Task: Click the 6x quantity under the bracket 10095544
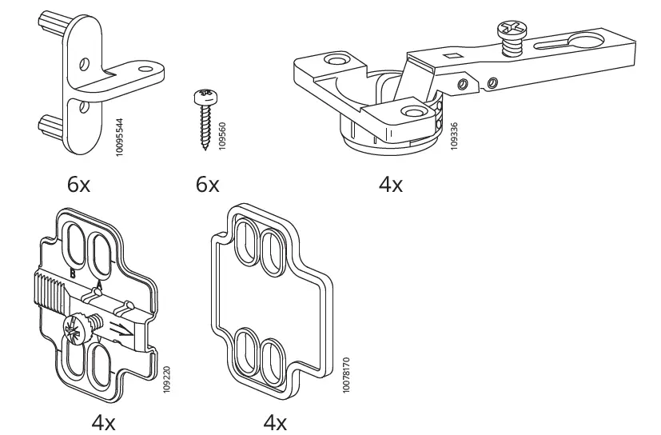point(78,185)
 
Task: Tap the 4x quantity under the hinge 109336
point(390,185)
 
